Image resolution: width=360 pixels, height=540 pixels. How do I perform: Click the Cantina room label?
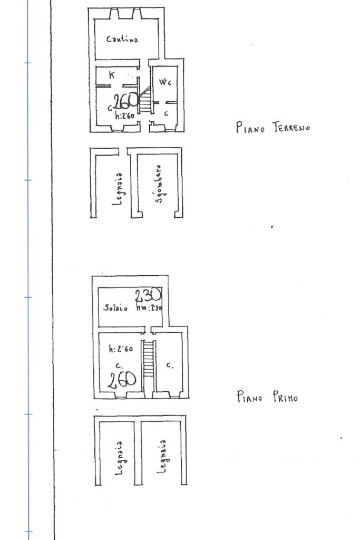pyautogui.click(x=122, y=39)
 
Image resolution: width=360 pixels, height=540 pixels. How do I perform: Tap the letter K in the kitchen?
pyautogui.click(x=111, y=75)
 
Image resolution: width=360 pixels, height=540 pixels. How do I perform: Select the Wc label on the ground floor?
pyautogui.click(x=165, y=82)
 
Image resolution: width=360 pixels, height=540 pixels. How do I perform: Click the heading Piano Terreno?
pyautogui.click(x=273, y=127)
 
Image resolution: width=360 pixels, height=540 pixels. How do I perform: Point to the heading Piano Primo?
pyautogui.click(x=267, y=397)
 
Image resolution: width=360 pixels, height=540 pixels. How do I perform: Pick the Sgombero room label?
pyautogui.click(x=159, y=184)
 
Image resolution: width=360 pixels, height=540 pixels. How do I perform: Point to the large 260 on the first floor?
pyautogui.click(x=122, y=379)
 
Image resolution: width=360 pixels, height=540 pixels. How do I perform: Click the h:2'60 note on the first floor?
pyautogui.click(x=121, y=349)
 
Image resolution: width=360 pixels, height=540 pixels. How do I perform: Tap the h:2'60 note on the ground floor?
pyautogui.click(x=124, y=116)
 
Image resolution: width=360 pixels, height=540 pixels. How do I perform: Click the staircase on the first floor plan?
pyautogui.click(x=149, y=359)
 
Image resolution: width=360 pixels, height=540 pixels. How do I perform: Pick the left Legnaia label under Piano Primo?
pyautogui.click(x=120, y=458)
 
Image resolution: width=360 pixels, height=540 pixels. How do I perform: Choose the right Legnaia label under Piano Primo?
pyautogui.click(x=163, y=457)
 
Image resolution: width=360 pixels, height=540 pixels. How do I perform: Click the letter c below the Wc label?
pyautogui.click(x=166, y=113)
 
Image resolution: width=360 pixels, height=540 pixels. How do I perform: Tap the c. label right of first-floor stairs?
pyautogui.click(x=169, y=364)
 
